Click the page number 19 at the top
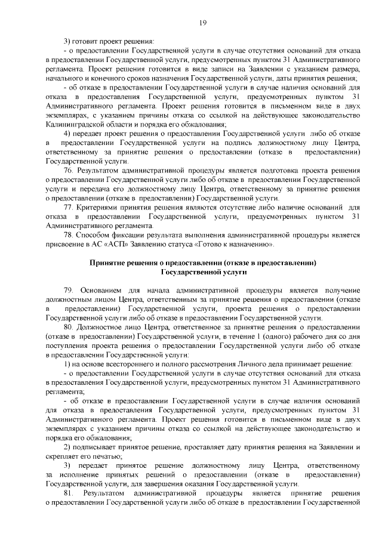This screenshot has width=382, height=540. click(x=202, y=23)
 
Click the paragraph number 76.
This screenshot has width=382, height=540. click(x=69, y=170)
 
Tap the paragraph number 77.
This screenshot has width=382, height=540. click(x=69, y=207)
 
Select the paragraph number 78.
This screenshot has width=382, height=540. click(x=69, y=235)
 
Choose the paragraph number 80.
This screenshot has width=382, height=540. click(x=69, y=328)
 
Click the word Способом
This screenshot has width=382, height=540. click(x=94, y=235)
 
